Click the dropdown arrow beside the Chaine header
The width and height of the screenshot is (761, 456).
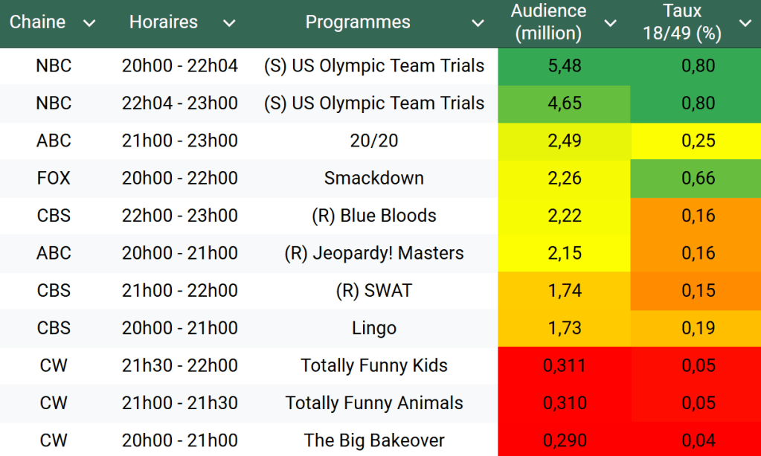tap(89, 23)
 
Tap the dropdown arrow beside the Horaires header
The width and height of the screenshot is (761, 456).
tap(229, 23)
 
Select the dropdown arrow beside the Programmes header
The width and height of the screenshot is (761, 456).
tap(478, 23)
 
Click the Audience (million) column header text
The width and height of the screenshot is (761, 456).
tap(548, 22)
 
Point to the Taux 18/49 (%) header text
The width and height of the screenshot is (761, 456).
tap(682, 22)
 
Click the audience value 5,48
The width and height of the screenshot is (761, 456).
tap(564, 66)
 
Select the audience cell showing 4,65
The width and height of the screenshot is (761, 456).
tap(564, 103)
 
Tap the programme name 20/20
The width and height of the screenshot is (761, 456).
tap(373, 141)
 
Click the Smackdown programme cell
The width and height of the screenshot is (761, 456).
tap(373, 179)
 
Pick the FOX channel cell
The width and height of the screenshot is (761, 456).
tap(54, 179)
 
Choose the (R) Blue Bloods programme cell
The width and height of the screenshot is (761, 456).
tap(373, 216)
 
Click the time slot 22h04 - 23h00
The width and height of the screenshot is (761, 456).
tap(180, 103)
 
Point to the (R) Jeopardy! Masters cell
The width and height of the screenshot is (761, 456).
tap(373, 253)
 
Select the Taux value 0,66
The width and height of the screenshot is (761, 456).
tap(698, 179)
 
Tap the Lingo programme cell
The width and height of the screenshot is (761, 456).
tap(373, 328)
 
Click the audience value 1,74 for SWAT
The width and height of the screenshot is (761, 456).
tap(564, 291)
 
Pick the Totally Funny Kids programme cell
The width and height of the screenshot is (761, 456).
tap(373, 365)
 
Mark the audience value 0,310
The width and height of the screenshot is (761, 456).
tap(564, 403)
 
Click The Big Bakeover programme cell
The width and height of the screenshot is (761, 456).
tap(373, 440)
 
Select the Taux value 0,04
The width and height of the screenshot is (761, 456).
tap(698, 440)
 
